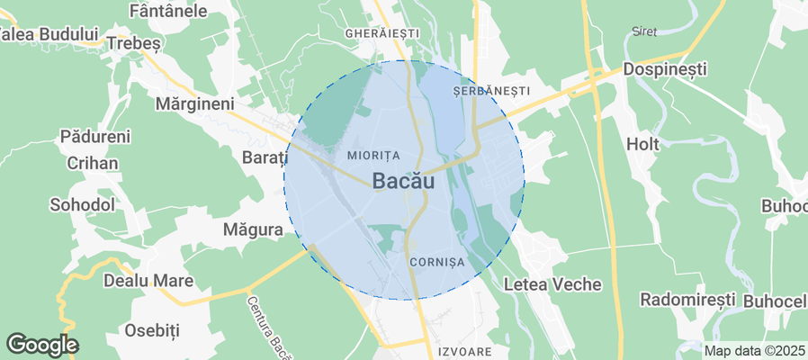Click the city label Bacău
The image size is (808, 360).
click(x=403, y=181)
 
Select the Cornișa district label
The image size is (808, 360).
click(x=435, y=261)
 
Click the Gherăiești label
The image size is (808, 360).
click(x=382, y=32)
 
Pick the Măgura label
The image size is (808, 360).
click(x=253, y=230)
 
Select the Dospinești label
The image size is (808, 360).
click(x=667, y=69)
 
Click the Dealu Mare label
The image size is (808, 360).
click(x=148, y=281)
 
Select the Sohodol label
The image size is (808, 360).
click(x=82, y=204)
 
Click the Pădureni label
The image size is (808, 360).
click(x=95, y=137)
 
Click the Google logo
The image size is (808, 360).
click(x=42, y=344)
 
